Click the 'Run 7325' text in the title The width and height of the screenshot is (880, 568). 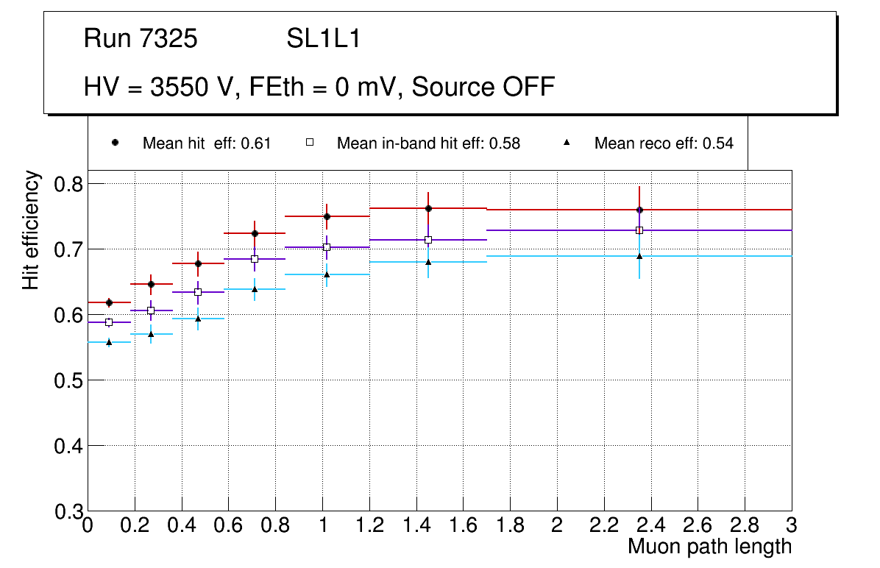click(x=141, y=39)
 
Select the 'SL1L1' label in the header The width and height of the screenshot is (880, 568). click(x=323, y=39)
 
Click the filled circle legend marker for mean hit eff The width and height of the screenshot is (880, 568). click(x=115, y=142)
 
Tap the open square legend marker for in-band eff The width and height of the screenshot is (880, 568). click(x=310, y=143)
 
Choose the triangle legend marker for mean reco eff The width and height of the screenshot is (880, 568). click(x=567, y=143)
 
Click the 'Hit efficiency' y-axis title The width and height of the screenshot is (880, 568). click(x=31, y=230)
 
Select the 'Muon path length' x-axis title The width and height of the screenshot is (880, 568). click(x=709, y=546)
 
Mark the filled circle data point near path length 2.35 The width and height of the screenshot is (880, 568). click(x=639, y=210)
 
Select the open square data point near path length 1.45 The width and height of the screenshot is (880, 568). click(x=428, y=240)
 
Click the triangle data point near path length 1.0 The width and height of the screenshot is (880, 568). click(x=327, y=274)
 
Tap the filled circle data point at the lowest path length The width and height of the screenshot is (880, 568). click(x=109, y=302)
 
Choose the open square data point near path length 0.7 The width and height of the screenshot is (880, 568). click(x=255, y=259)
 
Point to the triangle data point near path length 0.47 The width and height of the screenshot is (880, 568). click(x=198, y=319)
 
